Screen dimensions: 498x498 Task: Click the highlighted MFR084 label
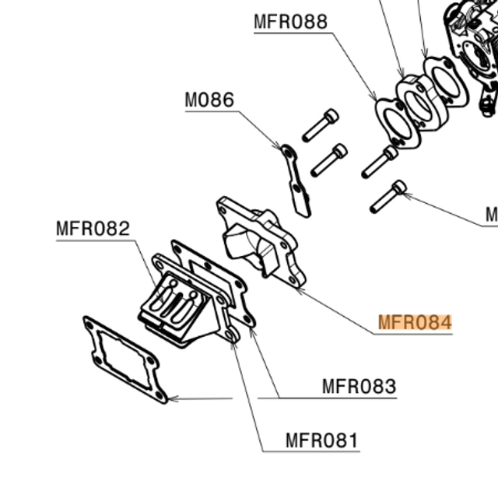(x=415, y=322)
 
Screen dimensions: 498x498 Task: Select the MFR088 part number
(x=290, y=22)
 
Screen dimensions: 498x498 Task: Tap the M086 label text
(x=209, y=100)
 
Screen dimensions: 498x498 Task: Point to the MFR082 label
(x=93, y=229)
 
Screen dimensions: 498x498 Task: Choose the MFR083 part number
(x=359, y=386)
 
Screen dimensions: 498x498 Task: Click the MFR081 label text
(x=322, y=441)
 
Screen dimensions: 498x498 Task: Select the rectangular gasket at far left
(x=124, y=359)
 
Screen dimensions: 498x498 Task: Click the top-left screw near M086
(x=320, y=124)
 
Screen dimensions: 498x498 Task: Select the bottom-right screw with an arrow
(x=388, y=197)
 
